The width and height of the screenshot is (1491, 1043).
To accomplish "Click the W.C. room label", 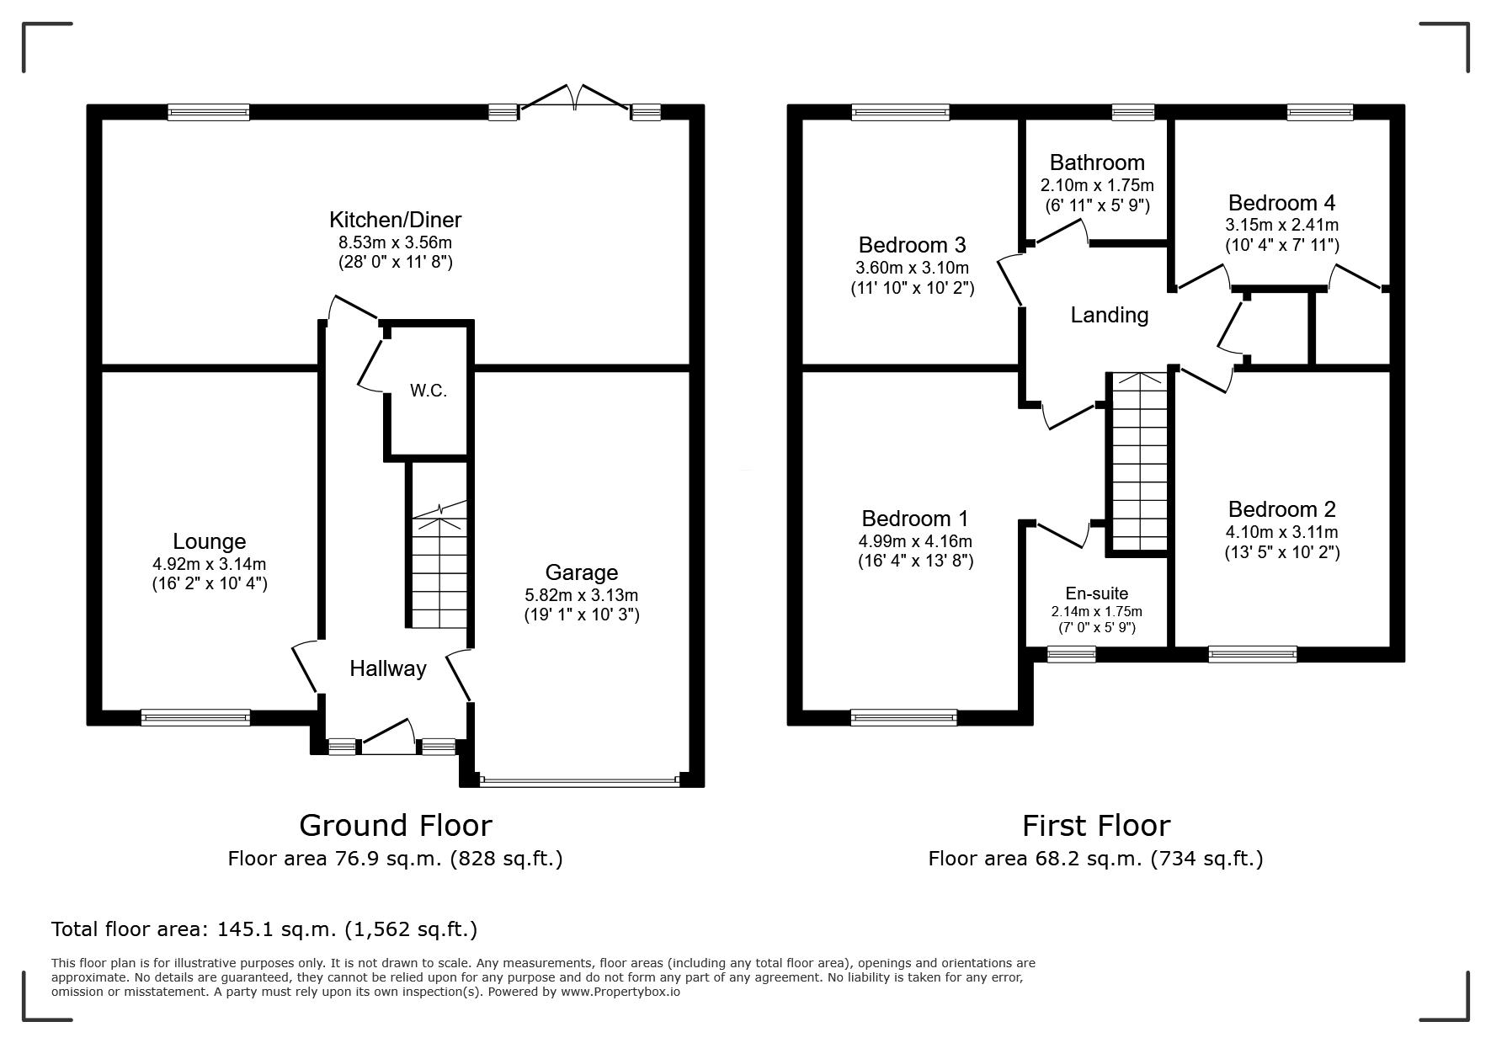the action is coord(428,391).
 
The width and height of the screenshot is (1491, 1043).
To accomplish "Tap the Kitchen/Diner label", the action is coord(395,220).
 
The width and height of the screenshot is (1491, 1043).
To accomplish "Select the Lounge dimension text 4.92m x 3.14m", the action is coord(210,564).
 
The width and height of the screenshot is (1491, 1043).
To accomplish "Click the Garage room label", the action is coord(582,572).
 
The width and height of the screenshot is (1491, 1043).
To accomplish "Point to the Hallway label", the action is coord(388,668).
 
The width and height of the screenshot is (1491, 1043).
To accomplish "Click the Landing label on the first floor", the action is coord(1110,315).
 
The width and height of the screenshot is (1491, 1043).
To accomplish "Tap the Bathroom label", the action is coord(1097,162).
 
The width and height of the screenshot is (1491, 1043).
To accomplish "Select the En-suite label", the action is coord(1097,593).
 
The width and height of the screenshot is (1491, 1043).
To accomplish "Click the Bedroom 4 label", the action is coord(1281,203).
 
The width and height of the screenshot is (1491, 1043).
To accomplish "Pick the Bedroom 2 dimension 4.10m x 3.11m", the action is coord(1281,532).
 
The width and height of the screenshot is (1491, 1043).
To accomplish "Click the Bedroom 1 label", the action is coord(915,518).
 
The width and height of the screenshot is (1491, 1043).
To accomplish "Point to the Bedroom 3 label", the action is coord(912,245).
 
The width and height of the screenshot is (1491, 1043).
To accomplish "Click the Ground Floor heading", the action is coord(395,825).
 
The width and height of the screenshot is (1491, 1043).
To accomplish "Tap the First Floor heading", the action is coord(1096,825).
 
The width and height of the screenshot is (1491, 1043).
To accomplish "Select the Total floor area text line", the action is coord(264,929).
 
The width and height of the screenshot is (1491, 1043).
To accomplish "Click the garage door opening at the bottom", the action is coord(579,781).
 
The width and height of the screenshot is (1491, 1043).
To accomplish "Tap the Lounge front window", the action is coord(195,718).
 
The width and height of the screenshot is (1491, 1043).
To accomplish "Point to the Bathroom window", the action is coord(1132,112).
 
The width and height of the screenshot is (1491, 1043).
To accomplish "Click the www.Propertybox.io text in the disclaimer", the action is coord(620,992).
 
